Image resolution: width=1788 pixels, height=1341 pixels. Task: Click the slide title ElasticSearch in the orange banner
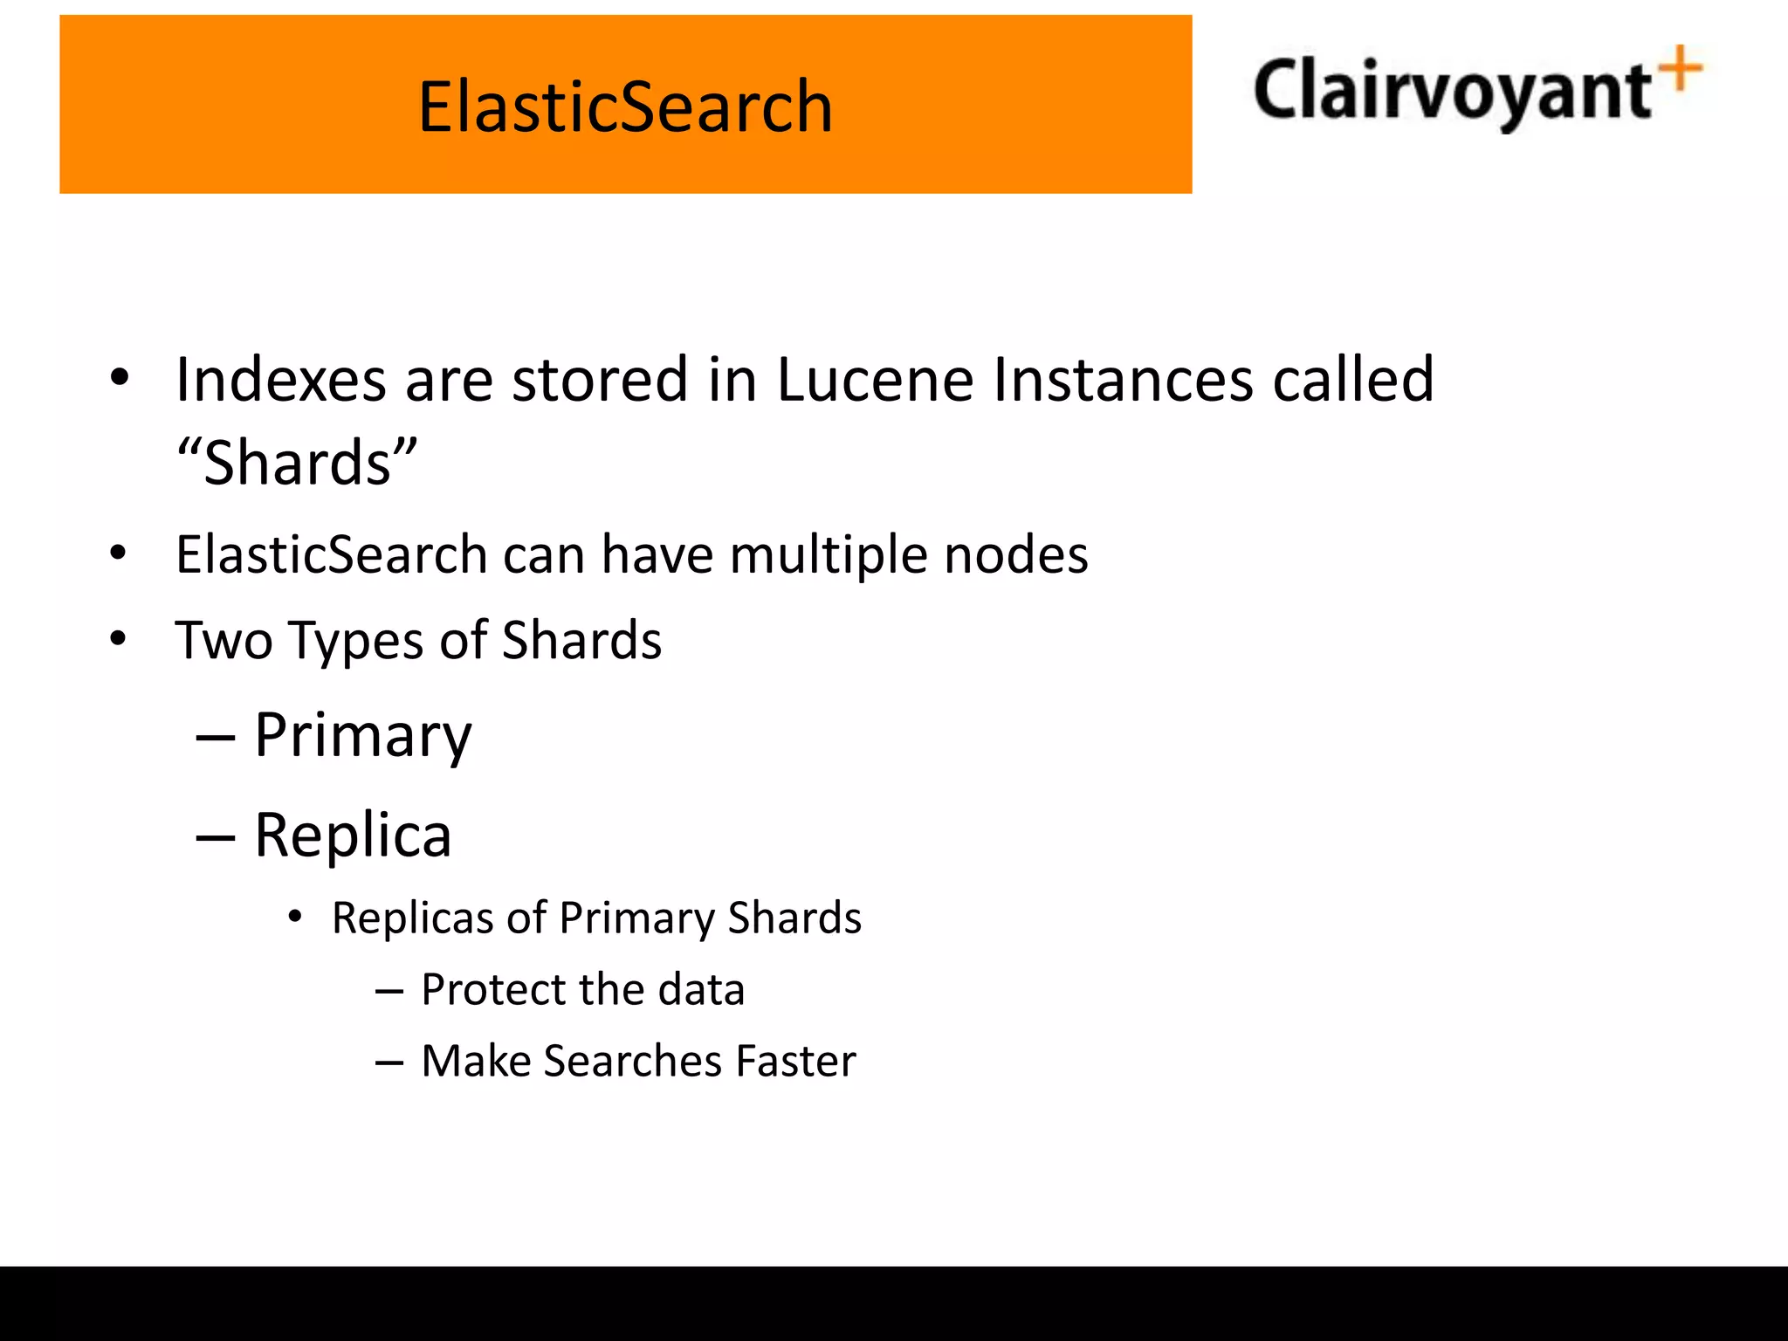[625, 107]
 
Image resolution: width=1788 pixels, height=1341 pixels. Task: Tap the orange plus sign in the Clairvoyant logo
[1681, 69]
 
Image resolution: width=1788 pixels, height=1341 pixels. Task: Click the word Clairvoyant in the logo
[1451, 91]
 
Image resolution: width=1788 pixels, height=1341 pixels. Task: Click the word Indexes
[280, 380]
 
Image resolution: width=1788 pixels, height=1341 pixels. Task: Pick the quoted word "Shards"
[297, 462]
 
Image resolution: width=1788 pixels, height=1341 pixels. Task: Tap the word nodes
[1016, 554]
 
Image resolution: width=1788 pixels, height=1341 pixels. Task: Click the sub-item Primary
[362, 735]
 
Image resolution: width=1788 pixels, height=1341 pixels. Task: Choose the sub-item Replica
[353, 836]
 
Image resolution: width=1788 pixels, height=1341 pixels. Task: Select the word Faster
[795, 1061]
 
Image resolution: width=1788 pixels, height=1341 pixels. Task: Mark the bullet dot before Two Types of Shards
[118, 639]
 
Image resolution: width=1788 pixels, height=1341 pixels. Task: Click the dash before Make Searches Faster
[389, 1062]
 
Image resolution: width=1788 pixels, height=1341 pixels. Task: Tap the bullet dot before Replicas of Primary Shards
[295, 917]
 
